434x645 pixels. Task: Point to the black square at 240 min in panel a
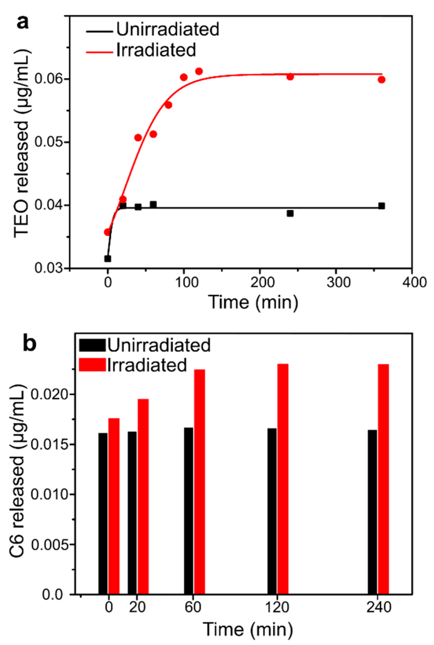point(290,213)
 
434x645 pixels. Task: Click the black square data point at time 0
point(108,259)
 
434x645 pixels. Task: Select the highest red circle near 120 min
point(199,71)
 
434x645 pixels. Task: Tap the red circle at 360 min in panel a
point(382,80)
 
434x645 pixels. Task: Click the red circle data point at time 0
point(107,232)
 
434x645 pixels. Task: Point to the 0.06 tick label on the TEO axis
point(49,79)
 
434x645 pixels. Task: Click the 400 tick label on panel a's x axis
point(415,282)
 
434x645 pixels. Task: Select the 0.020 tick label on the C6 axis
point(49,394)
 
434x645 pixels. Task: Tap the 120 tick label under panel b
point(277,607)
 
